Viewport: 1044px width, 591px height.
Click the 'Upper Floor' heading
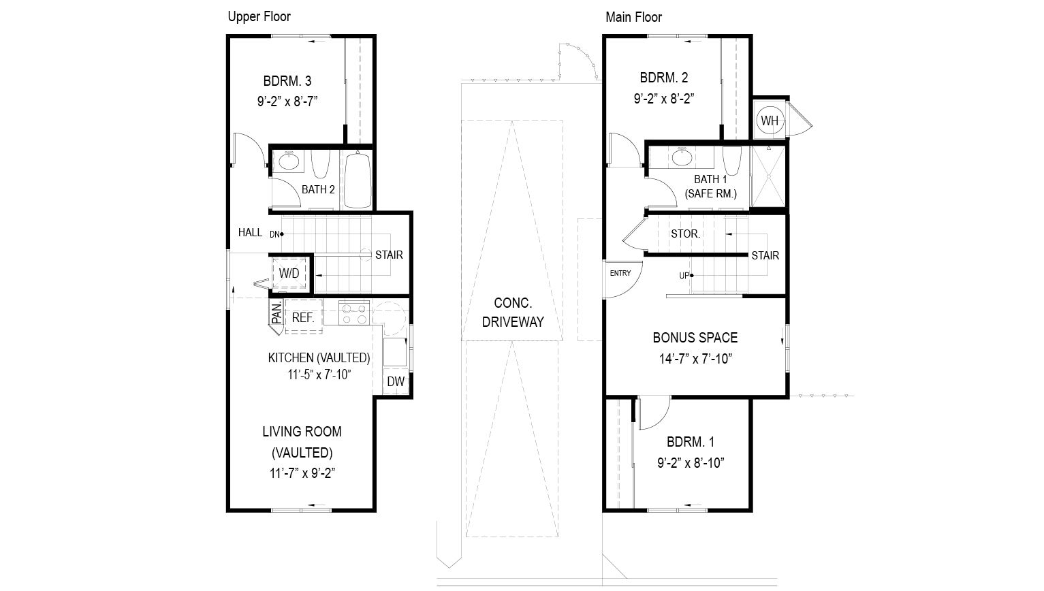259,17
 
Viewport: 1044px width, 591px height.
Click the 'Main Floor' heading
633,17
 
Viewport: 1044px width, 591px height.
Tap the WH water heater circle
769,121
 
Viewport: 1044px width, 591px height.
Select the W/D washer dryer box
289,274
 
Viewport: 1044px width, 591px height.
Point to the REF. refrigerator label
302,317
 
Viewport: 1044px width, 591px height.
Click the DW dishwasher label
396,381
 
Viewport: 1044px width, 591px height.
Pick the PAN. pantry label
277,314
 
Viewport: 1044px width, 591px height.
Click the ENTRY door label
620,274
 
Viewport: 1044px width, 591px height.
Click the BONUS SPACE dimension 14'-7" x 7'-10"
695,359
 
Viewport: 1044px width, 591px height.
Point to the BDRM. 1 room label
690,441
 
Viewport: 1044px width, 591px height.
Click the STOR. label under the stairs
685,234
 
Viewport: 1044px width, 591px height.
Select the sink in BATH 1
682,158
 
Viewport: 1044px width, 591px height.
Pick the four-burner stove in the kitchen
354,314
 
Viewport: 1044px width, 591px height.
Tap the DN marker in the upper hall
276,234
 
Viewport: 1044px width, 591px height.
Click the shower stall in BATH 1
768,176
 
